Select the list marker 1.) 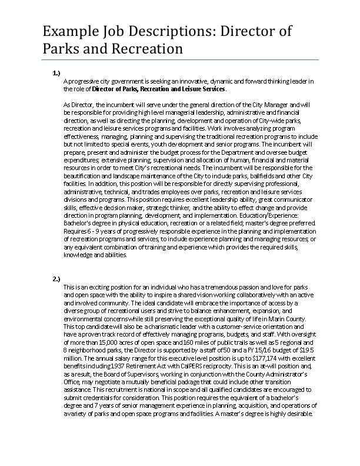pos(56,73)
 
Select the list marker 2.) pos(56,278)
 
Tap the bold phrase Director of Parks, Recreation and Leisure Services pos(158,89)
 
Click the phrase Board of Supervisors pos(115,372)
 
